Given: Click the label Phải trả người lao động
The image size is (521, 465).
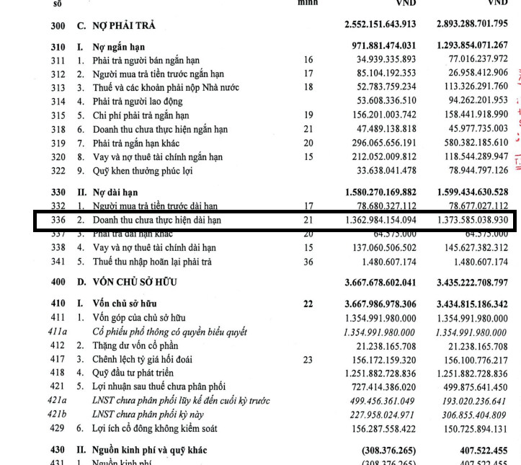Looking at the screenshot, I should [x=143, y=100].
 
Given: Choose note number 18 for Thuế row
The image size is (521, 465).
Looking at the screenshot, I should [x=308, y=87].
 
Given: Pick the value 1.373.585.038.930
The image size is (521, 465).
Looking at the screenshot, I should [x=472, y=221].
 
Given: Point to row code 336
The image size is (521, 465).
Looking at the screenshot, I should [x=58, y=221].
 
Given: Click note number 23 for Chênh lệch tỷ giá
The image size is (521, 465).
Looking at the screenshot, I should [x=308, y=359].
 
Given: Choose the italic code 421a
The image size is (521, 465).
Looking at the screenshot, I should [x=58, y=401].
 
